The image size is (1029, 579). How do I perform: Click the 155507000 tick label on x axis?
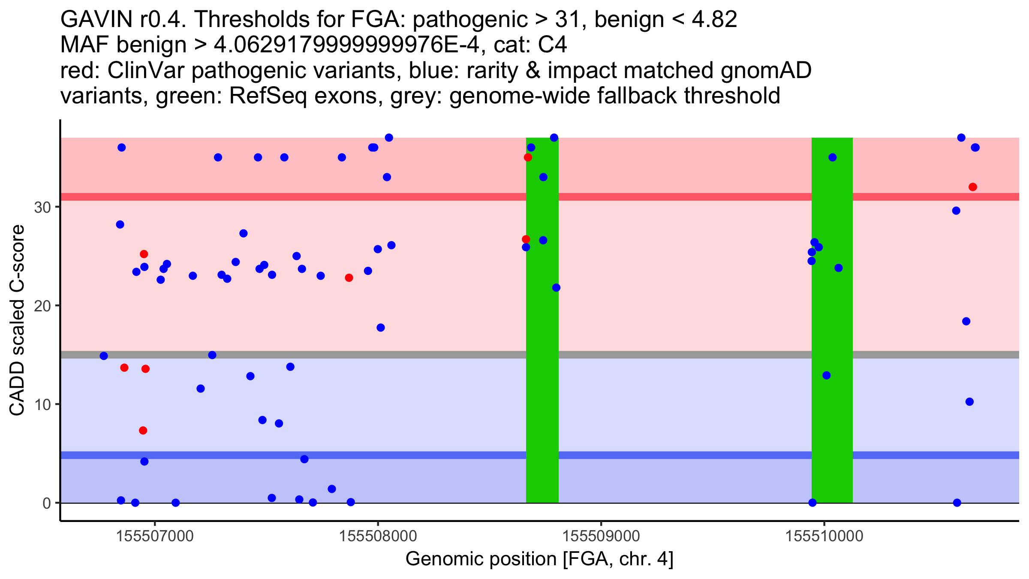[x=155, y=536]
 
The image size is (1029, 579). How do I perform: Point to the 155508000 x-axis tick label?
[x=378, y=536]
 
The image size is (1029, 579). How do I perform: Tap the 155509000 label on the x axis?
[x=601, y=536]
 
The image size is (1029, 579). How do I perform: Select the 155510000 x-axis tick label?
[x=824, y=536]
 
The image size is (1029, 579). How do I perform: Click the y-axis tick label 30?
[x=42, y=207]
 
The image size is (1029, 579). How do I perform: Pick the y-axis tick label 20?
[x=42, y=306]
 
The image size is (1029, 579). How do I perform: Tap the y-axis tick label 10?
[x=42, y=404]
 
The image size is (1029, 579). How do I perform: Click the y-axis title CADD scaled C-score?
[x=17, y=320]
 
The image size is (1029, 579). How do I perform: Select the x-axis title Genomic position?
[x=539, y=559]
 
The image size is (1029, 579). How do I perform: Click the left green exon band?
[x=542, y=320]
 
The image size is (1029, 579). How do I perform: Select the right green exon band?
[x=832, y=320]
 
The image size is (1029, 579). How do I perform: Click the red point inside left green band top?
[x=528, y=157]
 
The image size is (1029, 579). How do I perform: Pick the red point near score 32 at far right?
[x=973, y=187]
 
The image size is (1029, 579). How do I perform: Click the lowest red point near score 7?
[x=143, y=431]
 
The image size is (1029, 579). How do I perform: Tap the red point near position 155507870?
[x=349, y=278]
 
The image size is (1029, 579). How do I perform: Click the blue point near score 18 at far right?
[x=966, y=321]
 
